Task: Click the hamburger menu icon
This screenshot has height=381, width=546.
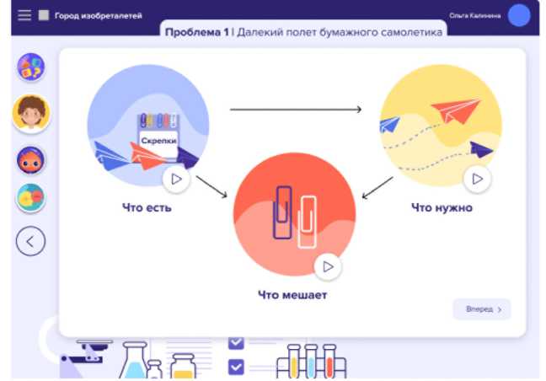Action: point(24,15)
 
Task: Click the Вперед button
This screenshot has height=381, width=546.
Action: point(482,309)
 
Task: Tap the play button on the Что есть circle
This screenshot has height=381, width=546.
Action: point(175,179)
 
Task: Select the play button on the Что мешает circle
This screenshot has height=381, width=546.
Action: point(328,266)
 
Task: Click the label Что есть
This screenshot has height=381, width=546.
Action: point(146,207)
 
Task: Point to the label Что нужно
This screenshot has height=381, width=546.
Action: point(442,207)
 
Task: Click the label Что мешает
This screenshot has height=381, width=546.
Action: point(292,295)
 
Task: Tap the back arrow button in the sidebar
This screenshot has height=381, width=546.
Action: point(30,242)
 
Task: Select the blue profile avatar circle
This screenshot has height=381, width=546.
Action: point(519,15)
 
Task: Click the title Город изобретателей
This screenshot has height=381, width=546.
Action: point(99,15)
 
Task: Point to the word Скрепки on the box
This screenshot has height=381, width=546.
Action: point(158,141)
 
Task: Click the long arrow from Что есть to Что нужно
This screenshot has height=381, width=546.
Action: point(295,110)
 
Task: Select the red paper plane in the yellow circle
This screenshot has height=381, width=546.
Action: point(455,110)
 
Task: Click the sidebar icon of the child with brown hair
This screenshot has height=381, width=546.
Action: point(31,113)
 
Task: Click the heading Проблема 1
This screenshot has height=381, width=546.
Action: point(196,32)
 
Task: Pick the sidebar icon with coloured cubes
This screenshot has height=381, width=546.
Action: point(31,67)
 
